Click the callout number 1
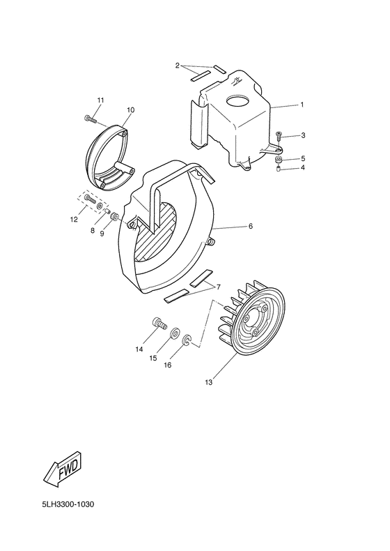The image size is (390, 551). pos(302,105)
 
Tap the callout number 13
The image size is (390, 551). pos(210,382)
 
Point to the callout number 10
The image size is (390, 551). pos(130,110)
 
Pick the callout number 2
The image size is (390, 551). pos(178,66)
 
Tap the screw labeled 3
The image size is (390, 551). pos(279,135)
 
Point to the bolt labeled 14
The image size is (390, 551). pos(159,324)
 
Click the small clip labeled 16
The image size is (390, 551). pos(187,342)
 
